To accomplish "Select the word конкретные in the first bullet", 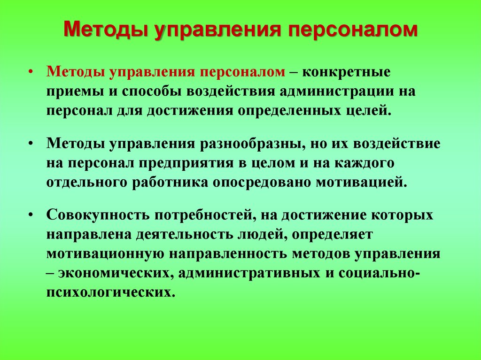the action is (346, 72).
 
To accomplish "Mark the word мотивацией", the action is (362, 183).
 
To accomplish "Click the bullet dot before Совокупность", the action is (30, 215).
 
